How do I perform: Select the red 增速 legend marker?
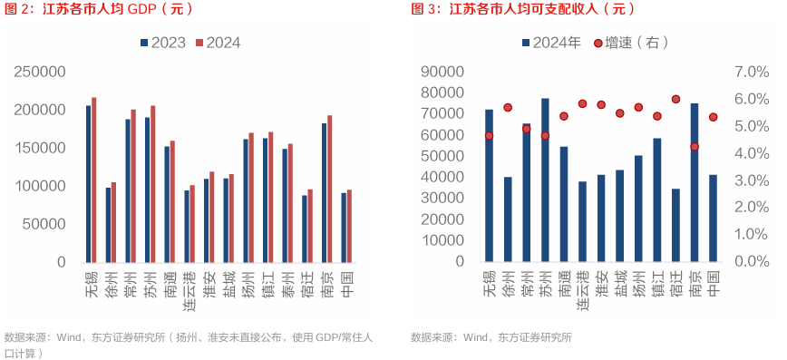598,43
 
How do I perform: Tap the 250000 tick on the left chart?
35,72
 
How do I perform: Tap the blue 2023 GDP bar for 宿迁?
305,229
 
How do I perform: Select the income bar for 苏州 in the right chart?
545,180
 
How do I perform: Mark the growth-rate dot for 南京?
695,146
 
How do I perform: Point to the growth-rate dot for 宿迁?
675,99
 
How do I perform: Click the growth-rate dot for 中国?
714,117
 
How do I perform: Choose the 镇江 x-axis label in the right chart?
656,284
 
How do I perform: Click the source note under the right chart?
491,337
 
